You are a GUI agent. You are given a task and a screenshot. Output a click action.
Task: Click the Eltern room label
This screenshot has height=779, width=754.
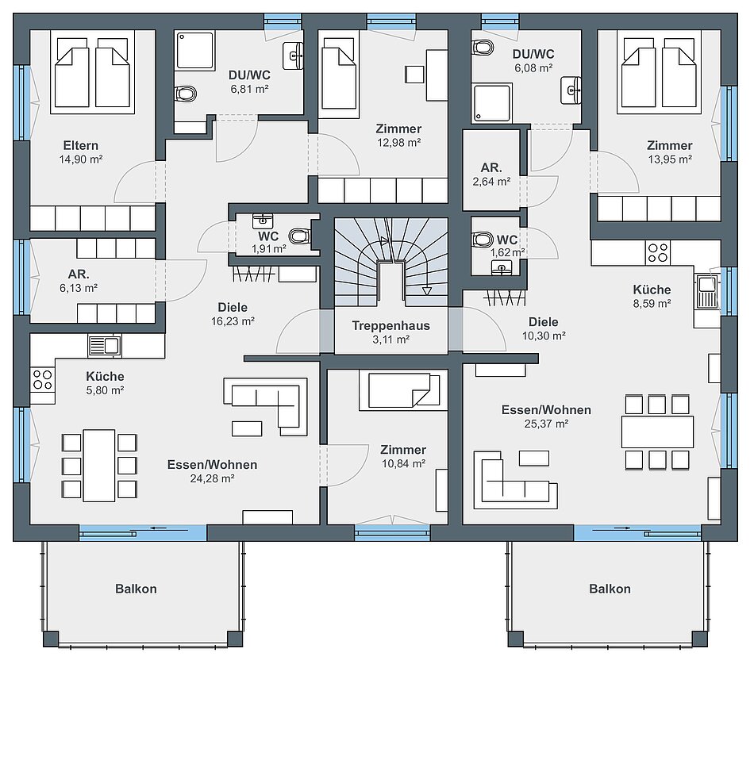[x=80, y=145]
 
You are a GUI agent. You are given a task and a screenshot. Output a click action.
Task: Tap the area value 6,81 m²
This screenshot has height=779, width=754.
[x=249, y=90]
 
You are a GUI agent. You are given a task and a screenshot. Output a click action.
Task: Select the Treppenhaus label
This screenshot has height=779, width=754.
[x=390, y=326]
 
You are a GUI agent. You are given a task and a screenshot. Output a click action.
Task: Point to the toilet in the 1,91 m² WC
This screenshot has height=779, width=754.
[x=299, y=236]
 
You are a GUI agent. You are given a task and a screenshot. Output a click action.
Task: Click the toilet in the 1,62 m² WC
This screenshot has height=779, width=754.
[x=483, y=240]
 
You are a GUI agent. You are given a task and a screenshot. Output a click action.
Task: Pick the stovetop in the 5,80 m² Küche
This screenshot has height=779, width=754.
[x=43, y=380]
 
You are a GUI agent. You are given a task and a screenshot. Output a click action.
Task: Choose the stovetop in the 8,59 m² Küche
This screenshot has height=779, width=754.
[x=658, y=253]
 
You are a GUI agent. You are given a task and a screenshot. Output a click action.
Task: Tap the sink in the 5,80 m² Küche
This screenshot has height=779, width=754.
[x=105, y=345]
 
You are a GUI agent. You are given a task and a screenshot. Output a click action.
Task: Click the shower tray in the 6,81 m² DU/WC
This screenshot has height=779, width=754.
[x=194, y=50]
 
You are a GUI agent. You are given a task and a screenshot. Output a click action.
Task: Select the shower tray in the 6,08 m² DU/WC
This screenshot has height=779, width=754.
[x=492, y=103]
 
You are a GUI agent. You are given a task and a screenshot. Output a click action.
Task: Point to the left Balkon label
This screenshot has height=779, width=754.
[x=136, y=589]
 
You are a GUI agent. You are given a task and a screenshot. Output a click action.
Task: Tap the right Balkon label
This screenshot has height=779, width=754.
[x=610, y=589]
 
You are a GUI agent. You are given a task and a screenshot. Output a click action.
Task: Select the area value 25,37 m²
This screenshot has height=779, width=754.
[x=546, y=424]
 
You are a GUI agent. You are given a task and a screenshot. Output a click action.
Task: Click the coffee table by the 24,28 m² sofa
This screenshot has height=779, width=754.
[x=247, y=428]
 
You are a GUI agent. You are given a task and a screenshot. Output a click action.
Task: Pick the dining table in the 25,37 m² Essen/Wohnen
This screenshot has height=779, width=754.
[x=657, y=432]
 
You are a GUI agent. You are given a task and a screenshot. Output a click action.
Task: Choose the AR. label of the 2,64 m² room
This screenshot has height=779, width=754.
[x=491, y=168]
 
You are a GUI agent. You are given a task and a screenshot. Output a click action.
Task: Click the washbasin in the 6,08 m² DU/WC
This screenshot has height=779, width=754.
[x=571, y=90]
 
